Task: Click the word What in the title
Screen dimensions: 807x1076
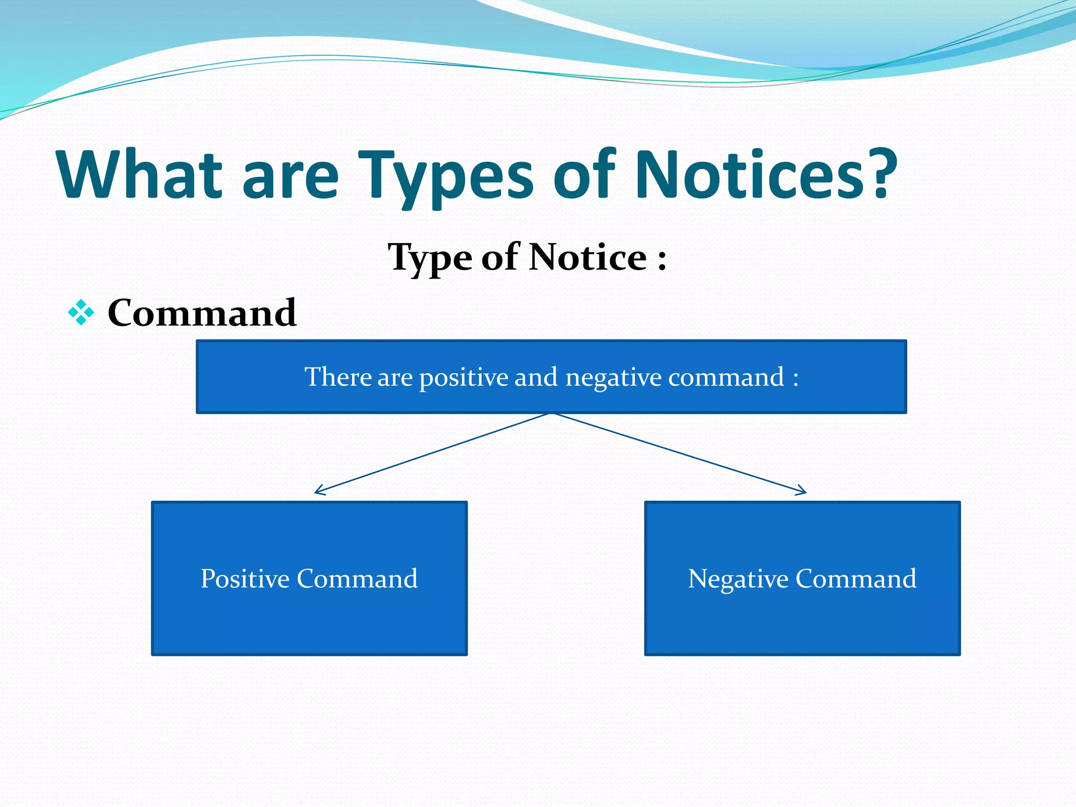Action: click(140, 175)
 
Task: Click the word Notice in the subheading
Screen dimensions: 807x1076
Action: click(587, 257)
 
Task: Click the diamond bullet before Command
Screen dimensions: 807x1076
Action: click(81, 313)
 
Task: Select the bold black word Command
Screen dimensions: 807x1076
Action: click(202, 313)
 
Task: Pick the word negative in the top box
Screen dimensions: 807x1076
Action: click(613, 378)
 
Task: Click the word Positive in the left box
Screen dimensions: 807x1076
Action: click(245, 579)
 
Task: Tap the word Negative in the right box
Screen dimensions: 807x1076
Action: click(738, 579)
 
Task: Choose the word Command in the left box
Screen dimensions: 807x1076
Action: click(357, 579)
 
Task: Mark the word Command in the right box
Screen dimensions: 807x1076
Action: click(856, 579)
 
